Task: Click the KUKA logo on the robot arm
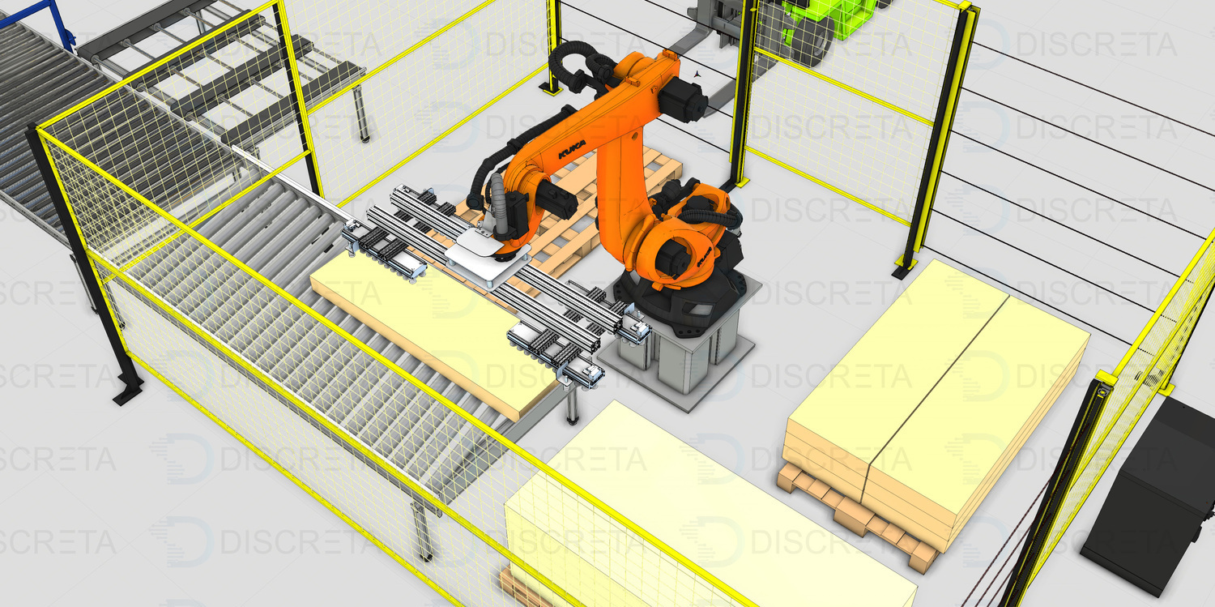point(572,148)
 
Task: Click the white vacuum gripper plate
point(486,255)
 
